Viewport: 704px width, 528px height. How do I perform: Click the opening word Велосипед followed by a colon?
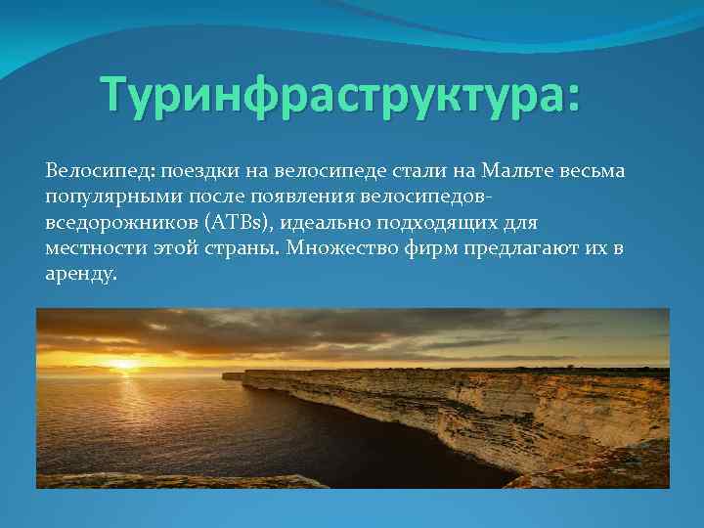[x=93, y=171]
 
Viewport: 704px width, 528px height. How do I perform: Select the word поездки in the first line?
[x=187, y=171]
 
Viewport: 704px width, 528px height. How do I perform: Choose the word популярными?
[x=103, y=198]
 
